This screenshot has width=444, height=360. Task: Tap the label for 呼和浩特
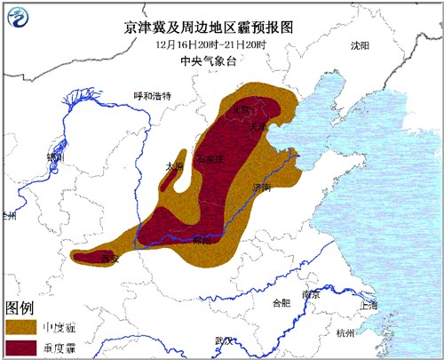coord(151,95)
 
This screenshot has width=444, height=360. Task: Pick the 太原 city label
coord(174,165)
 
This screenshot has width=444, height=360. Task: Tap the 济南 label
coord(261,188)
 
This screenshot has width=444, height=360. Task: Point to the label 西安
coord(110,258)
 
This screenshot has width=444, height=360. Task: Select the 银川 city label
coord(55,156)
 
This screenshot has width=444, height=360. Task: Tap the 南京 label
coord(310,294)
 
